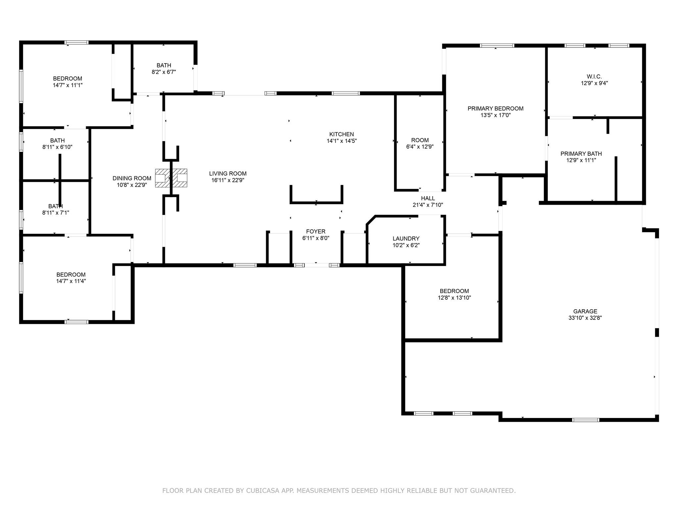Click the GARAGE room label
[x=585, y=311]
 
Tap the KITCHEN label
[x=341, y=134]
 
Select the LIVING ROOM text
[x=228, y=174]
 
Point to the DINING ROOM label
[x=132, y=178]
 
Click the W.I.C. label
[x=595, y=77]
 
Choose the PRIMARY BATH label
[x=581, y=154]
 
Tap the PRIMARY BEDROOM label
[x=495, y=108]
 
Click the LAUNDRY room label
[x=406, y=238]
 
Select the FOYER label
[x=316, y=232]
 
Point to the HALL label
[x=428, y=198]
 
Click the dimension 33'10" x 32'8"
[x=585, y=318]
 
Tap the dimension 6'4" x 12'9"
[x=420, y=147]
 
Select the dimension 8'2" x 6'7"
[x=164, y=72]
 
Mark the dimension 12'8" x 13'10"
[x=454, y=298]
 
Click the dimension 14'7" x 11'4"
[x=71, y=281]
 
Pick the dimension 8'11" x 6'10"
[x=57, y=147]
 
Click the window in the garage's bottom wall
[x=586, y=420]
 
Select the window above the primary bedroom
[x=497, y=46]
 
